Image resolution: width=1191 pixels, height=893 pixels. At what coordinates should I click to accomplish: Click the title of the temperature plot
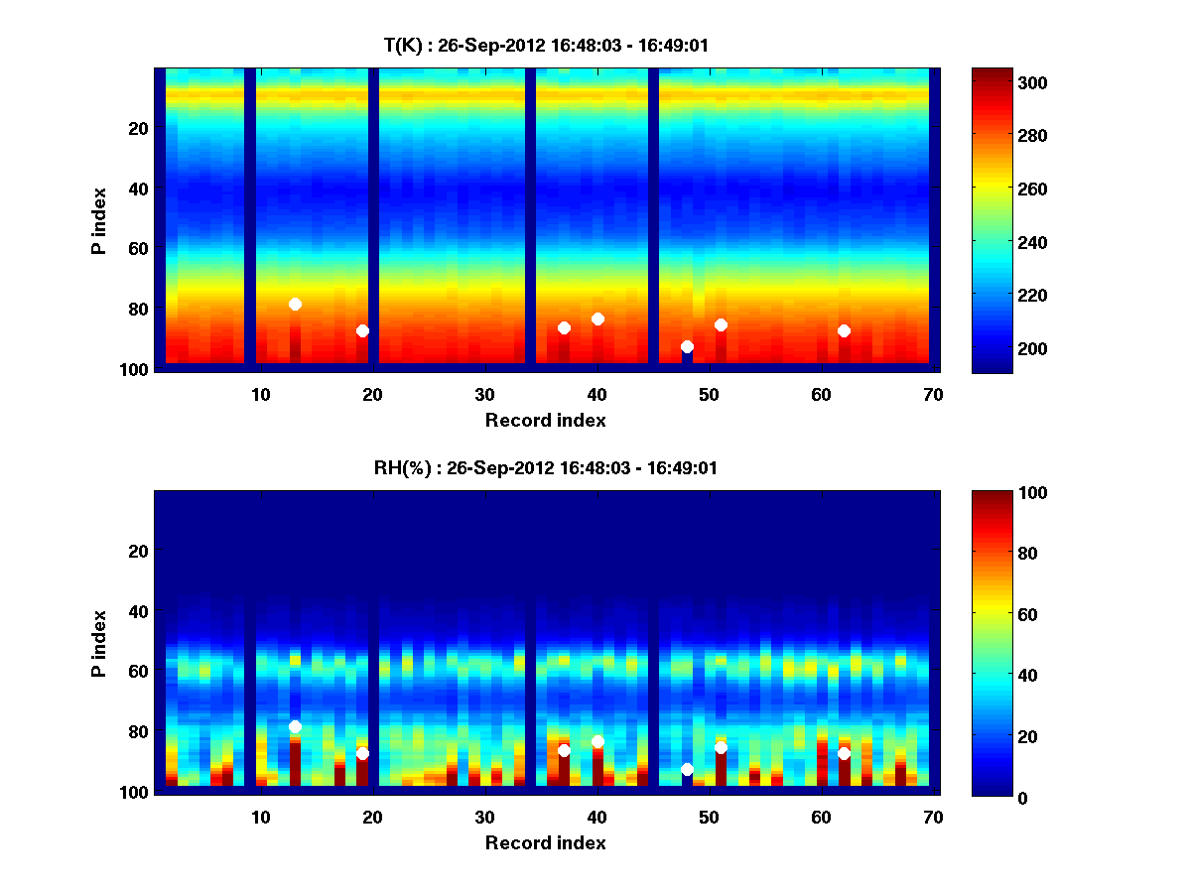tap(545, 45)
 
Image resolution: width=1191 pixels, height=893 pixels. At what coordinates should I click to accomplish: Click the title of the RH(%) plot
tap(545, 467)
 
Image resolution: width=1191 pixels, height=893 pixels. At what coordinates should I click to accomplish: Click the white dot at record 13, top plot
tap(295, 304)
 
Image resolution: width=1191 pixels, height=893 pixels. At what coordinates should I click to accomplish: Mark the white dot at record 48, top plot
tap(687, 346)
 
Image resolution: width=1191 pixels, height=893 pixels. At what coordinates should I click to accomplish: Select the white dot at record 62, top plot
tap(844, 330)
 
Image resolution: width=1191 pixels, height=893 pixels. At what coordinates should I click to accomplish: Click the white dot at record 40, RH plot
tap(597, 741)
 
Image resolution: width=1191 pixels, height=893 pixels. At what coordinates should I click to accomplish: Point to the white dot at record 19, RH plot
tap(362, 753)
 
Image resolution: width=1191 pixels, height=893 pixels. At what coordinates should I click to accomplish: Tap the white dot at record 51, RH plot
tap(721, 747)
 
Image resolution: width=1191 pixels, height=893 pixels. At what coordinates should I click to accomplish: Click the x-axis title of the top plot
tap(545, 420)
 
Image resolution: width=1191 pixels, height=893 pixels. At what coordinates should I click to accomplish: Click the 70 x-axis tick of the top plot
tap(933, 394)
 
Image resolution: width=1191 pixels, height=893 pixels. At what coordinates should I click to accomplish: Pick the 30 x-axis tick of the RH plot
tap(484, 817)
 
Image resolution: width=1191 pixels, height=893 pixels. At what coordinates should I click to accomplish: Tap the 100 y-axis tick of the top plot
tap(137, 369)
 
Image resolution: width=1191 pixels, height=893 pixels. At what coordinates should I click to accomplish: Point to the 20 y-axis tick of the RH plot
tap(137, 551)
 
